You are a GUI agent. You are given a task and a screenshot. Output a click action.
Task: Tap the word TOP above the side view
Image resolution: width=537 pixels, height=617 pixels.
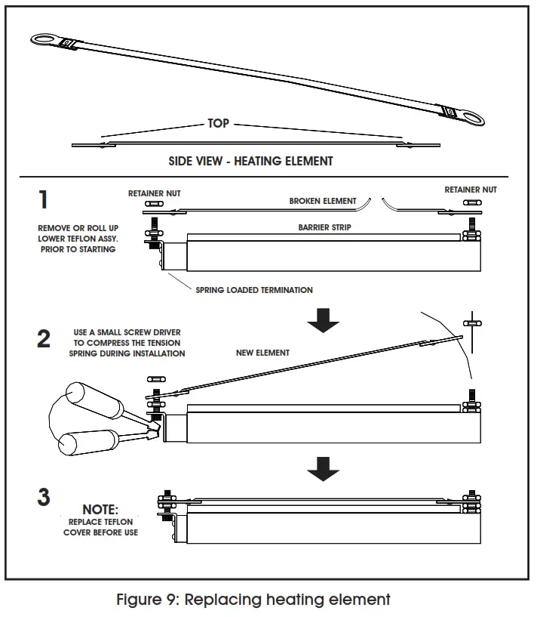[219, 123]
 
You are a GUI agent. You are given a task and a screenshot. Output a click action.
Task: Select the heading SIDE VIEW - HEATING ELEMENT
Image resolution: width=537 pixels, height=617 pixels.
[251, 161]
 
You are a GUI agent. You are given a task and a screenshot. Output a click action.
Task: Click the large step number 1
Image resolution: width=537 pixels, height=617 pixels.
[44, 199]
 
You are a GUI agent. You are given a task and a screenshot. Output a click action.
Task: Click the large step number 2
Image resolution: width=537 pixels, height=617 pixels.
[44, 338]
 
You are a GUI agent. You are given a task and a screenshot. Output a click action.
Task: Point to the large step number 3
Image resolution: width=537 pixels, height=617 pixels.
[44, 498]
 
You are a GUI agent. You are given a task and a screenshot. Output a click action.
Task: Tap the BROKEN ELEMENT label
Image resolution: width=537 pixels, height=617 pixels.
[322, 202]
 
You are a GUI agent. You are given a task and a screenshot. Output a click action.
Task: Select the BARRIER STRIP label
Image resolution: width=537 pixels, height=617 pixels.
[324, 227]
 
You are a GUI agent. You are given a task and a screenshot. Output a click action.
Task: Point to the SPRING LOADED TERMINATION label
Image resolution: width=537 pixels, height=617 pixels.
[254, 289]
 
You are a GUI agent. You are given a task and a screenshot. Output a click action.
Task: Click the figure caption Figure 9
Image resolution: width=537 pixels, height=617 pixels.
[253, 600]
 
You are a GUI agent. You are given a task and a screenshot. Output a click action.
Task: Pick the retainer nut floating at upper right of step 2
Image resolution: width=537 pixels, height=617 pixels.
[472, 322]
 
